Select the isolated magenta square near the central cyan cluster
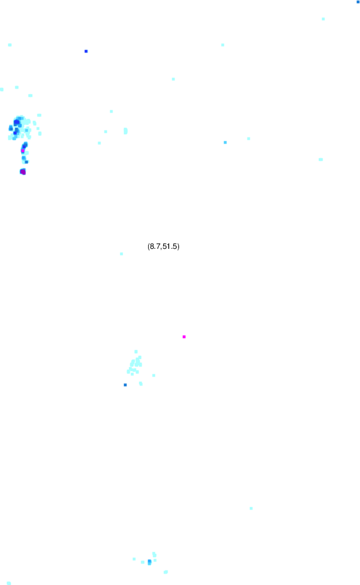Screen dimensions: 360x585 (184, 337)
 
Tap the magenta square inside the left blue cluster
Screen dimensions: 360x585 (23, 151)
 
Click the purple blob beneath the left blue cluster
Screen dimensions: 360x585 (23, 172)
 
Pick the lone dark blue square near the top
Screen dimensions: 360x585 (86, 51)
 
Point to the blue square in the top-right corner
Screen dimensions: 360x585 (358, 2)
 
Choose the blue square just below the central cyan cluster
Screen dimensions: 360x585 (125, 385)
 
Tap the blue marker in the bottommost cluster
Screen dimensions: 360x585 (149, 562)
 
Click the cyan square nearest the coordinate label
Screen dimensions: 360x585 (121, 254)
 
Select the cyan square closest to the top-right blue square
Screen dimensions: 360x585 (323, 19)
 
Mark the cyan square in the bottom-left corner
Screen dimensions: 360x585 (9, 583)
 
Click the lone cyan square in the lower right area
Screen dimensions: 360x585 (251, 508)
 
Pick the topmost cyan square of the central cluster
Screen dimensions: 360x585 (136, 351)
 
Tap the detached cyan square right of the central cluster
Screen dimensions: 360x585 (154, 375)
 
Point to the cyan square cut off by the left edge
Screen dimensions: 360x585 (1, 89)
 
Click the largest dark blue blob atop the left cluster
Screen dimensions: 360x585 (17, 122)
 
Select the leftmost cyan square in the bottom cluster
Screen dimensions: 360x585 (134, 559)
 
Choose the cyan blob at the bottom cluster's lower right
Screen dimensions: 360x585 (166, 572)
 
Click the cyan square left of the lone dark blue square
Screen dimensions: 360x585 (9, 45)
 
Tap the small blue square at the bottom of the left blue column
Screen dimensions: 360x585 (27, 162)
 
